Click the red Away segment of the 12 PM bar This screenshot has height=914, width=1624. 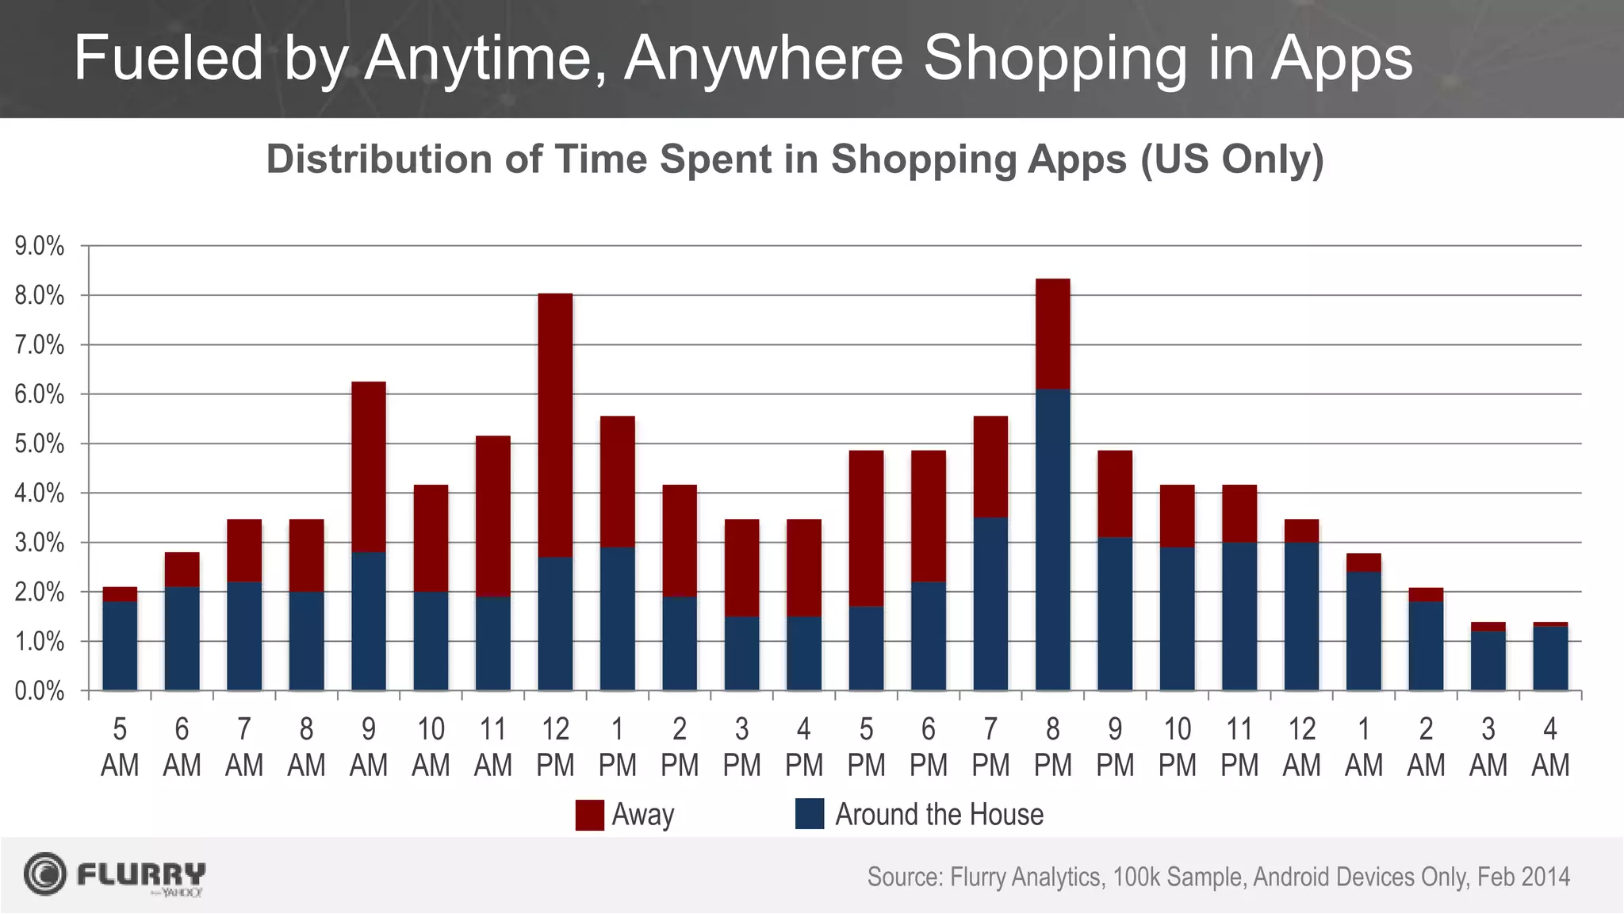pos(555,424)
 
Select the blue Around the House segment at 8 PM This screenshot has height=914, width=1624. pos(1052,540)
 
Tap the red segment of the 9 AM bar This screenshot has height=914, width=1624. pos(369,467)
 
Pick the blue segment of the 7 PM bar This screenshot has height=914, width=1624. pos(990,603)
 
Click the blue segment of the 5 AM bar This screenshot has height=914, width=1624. pos(120,646)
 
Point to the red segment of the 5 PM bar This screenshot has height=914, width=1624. pos(866,528)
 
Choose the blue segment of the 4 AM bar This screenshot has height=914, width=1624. pos(1550,659)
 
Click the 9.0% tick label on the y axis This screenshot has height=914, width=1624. pos(40,247)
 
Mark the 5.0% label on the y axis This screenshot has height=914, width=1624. pos(40,444)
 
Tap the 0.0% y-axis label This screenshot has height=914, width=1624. pos(40,691)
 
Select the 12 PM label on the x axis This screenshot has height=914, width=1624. pos(555,747)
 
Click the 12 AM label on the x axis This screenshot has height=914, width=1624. pos(1301,747)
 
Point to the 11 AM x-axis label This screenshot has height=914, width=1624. pos(493,747)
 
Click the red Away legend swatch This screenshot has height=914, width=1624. pos(589,815)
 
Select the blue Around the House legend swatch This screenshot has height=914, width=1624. pos(810,814)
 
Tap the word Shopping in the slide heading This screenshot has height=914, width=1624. pos(1055,59)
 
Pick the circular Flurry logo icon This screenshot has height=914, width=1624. pos(45,874)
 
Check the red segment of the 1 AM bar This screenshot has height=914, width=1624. pos(1364,563)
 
